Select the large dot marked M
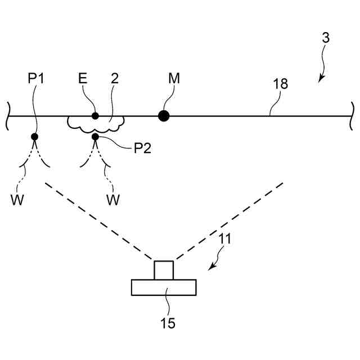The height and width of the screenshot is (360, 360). (164, 116)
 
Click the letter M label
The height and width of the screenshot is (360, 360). (174, 78)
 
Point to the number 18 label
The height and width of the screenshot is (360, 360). (280, 84)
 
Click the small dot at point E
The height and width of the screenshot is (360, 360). (95, 116)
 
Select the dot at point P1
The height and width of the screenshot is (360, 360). (35, 137)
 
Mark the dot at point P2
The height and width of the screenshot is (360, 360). (95, 137)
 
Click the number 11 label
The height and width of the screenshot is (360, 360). (224, 238)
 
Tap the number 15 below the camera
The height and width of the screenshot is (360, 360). (168, 323)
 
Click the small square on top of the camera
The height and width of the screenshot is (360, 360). (164, 270)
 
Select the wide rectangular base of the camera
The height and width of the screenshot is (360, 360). (164, 287)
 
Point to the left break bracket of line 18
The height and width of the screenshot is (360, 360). (8, 116)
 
